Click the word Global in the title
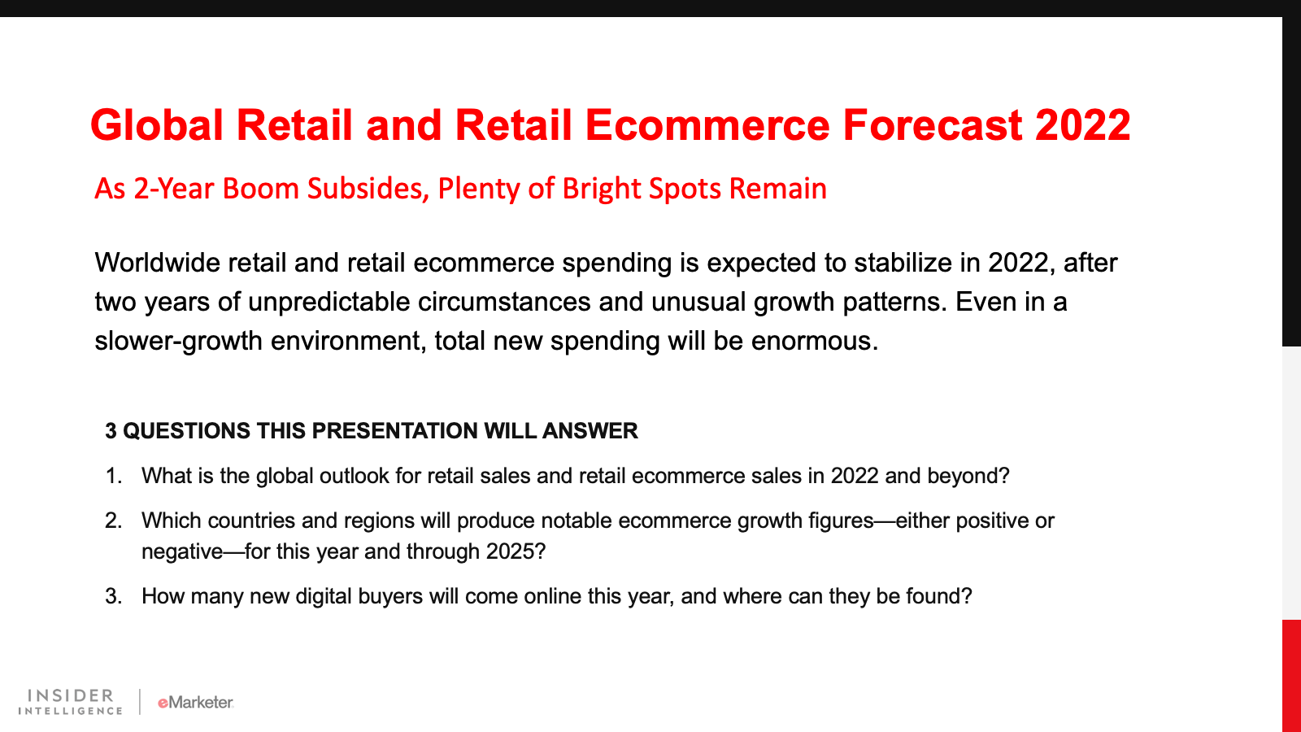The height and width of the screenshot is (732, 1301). [x=157, y=125]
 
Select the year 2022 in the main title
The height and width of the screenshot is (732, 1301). [x=1082, y=125]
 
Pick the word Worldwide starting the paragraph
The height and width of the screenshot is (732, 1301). [x=157, y=263]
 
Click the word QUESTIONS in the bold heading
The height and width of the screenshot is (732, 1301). [x=186, y=431]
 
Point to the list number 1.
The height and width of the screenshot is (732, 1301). [x=114, y=476]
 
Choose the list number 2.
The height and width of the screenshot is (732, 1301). [x=114, y=521]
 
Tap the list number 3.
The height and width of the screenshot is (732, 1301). [x=114, y=597]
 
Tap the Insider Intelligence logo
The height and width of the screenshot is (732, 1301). [x=70, y=702]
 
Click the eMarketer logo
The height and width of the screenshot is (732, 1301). [x=196, y=703]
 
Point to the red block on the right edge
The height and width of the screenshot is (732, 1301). [x=1292, y=676]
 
